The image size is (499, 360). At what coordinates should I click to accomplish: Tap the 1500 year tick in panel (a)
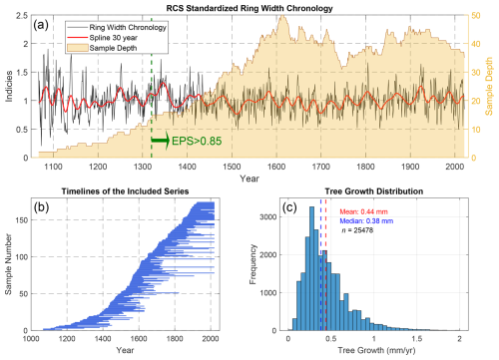point(228,176)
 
